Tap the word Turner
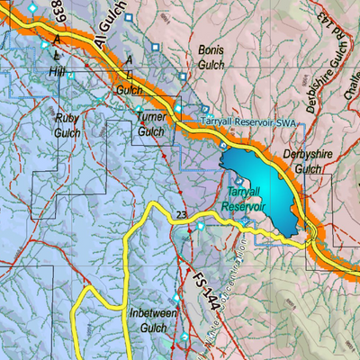coord(150,117)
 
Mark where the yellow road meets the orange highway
coord(308,238)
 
